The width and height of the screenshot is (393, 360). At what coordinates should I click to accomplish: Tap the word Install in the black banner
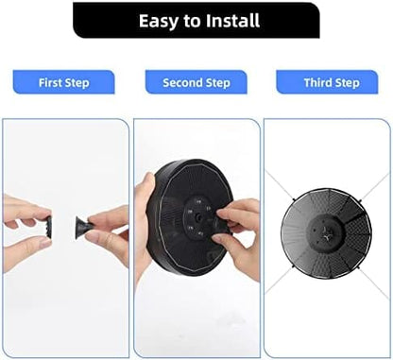click(x=233, y=21)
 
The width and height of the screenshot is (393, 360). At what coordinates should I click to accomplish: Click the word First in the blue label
click(x=50, y=82)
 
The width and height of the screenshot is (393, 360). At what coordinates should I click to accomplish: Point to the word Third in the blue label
click(x=317, y=82)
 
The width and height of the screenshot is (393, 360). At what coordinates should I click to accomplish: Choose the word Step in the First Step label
click(x=77, y=83)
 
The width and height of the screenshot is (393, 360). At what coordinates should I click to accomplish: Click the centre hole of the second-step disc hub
click(x=198, y=217)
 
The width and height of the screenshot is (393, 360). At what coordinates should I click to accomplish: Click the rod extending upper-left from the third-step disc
click(x=280, y=185)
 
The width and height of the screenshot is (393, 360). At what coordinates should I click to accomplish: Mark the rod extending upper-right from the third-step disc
click(x=374, y=187)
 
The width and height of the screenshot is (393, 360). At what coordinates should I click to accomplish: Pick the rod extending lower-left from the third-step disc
click(x=281, y=281)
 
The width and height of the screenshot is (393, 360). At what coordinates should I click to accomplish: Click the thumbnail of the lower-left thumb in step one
click(x=44, y=242)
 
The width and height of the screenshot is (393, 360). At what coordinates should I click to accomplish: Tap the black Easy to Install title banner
click(x=196, y=20)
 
